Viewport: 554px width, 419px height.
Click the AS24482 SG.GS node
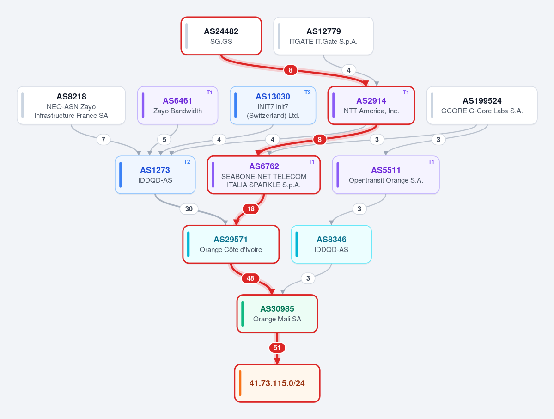(221, 36)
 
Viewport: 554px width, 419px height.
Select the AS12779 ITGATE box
(323, 36)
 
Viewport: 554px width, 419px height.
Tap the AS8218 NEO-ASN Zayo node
(71, 105)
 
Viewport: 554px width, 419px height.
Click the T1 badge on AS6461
(209, 92)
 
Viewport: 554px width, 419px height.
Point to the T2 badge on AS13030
(308, 92)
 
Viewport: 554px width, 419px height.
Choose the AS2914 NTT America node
(371, 105)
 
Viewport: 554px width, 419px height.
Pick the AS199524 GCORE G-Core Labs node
(482, 105)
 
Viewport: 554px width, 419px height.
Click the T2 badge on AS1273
(187, 162)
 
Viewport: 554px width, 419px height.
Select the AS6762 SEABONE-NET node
(263, 175)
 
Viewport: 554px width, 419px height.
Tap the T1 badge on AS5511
(432, 162)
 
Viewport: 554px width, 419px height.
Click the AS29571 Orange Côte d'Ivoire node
(231, 244)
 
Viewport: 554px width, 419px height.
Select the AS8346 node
(331, 244)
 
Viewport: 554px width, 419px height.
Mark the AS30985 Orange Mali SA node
(277, 314)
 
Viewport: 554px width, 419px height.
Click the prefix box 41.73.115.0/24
(277, 383)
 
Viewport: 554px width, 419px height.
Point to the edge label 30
(189, 209)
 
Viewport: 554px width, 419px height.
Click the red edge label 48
(250, 278)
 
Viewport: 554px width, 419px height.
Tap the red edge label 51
(277, 348)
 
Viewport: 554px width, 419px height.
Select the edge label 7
(103, 140)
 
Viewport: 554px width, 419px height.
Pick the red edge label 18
(251, 209)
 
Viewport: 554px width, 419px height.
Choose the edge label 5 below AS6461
(164, 140)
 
